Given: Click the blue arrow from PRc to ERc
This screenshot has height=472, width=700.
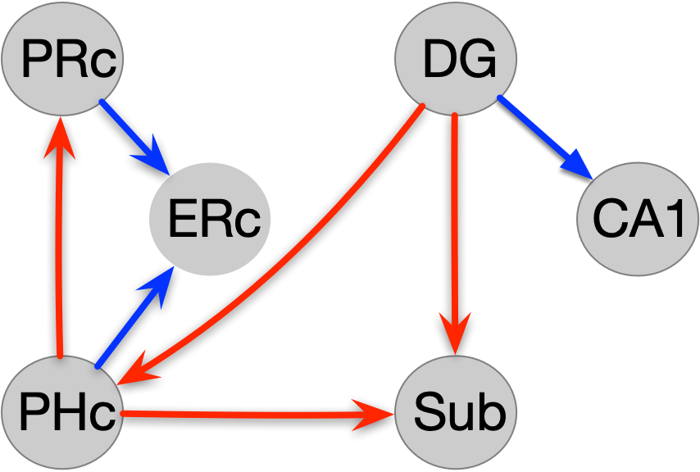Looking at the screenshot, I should (x=131, y=134).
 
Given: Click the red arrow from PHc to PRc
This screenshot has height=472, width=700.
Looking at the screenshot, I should (x=60, y=246).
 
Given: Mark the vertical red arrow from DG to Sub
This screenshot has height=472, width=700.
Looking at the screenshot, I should (x=455, y=221).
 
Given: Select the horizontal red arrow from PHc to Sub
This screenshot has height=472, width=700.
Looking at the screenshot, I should (x=246, y=415).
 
